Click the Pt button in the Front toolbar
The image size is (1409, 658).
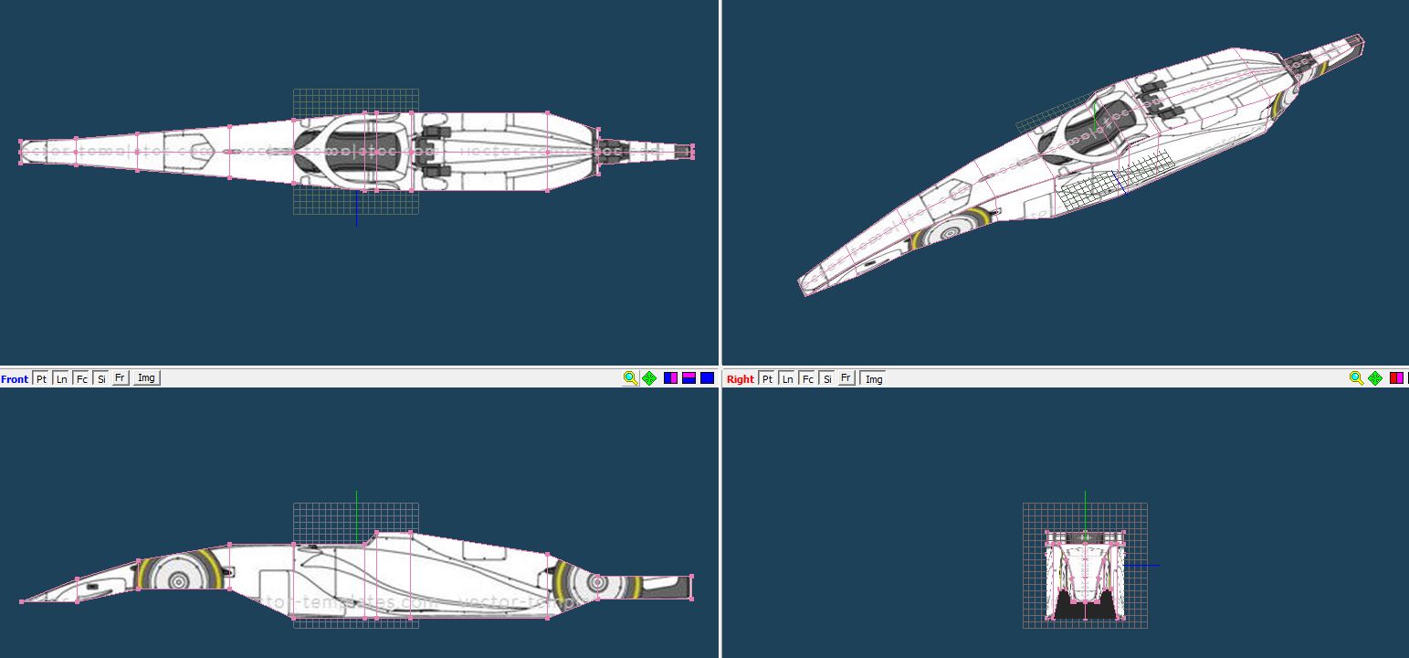pos(41,378)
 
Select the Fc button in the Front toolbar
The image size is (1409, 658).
pos(81,378)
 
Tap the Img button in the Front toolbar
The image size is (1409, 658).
pos(146,378)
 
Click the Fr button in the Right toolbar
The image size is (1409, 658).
pos(846,378)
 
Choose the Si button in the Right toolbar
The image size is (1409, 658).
pos(826,378)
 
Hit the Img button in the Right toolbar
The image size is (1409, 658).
pos(874,378)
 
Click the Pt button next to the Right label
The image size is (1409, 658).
pos(767,378)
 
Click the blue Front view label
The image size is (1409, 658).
pos(15,378)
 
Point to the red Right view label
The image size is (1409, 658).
pos(741,378)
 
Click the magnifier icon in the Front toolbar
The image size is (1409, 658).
pos(630,378)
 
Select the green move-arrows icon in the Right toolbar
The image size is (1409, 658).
pos(1375,378)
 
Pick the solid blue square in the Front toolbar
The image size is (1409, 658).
pos(707,378)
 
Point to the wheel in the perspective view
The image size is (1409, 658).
pos(950,232)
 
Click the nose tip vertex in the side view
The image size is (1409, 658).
pos(22,601)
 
